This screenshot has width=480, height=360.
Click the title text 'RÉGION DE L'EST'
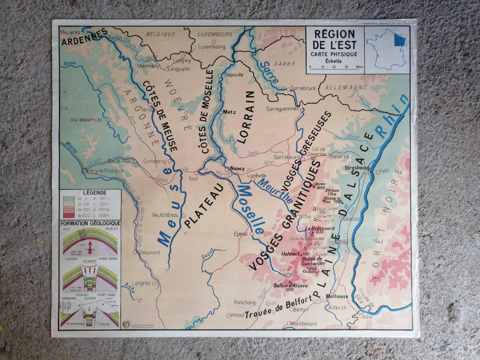click(x=334, y=39)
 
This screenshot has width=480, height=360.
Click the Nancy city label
click(x=237, y=168)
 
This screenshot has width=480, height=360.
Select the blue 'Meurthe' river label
click(x=274, y=191)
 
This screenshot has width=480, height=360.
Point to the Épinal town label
click(x=241, y=234)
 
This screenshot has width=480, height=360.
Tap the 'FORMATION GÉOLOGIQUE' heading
click(x=90, y=223)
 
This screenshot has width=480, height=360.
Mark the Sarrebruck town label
click(x=303, y=89)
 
